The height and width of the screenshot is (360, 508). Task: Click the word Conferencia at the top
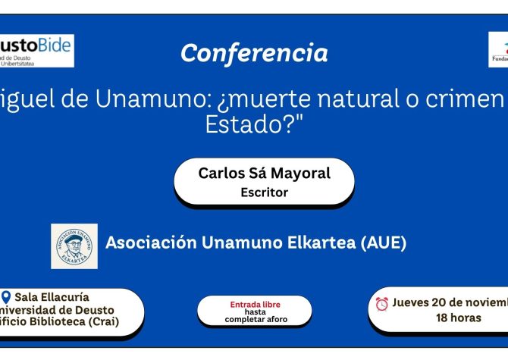coord(254,53)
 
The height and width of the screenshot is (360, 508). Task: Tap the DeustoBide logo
coord(36,51)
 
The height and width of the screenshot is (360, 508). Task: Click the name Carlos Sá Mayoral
coord(264,173)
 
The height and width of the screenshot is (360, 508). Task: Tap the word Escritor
coord(264,193)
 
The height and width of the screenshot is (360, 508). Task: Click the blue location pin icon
coord(7,297)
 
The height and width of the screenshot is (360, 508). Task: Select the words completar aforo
coord(256,319)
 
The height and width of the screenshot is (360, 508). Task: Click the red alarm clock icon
coord(382,304)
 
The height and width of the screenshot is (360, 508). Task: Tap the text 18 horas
coord(458,318)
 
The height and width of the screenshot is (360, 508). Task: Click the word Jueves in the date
coord(413,303)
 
